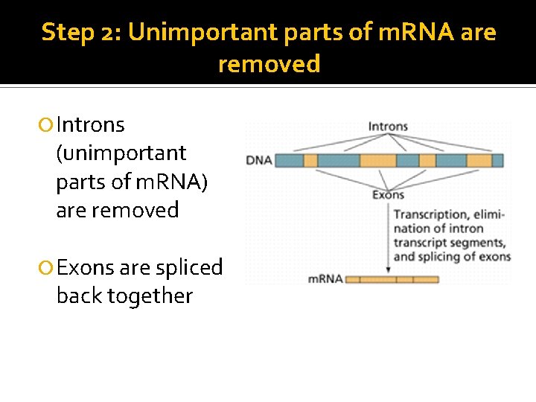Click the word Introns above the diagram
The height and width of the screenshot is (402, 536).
click(388, 127)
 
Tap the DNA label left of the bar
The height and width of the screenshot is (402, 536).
click(258, 160)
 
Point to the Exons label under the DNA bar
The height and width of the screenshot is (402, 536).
click(387, 195)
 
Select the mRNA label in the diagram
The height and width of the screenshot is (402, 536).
click(325, 279)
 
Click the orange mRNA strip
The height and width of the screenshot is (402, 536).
click(392, 280)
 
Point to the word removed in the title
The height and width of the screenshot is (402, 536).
click(269, 64)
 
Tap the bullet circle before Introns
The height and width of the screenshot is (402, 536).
click(48, 125)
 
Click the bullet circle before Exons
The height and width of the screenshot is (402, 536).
click(48, 268)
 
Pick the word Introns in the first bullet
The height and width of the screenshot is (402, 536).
click(90, 124)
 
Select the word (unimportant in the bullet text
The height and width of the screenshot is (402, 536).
click(121, 153)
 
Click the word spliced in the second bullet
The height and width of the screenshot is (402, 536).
click(189, 267)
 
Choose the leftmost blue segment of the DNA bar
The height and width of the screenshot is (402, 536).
click(289, 160)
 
